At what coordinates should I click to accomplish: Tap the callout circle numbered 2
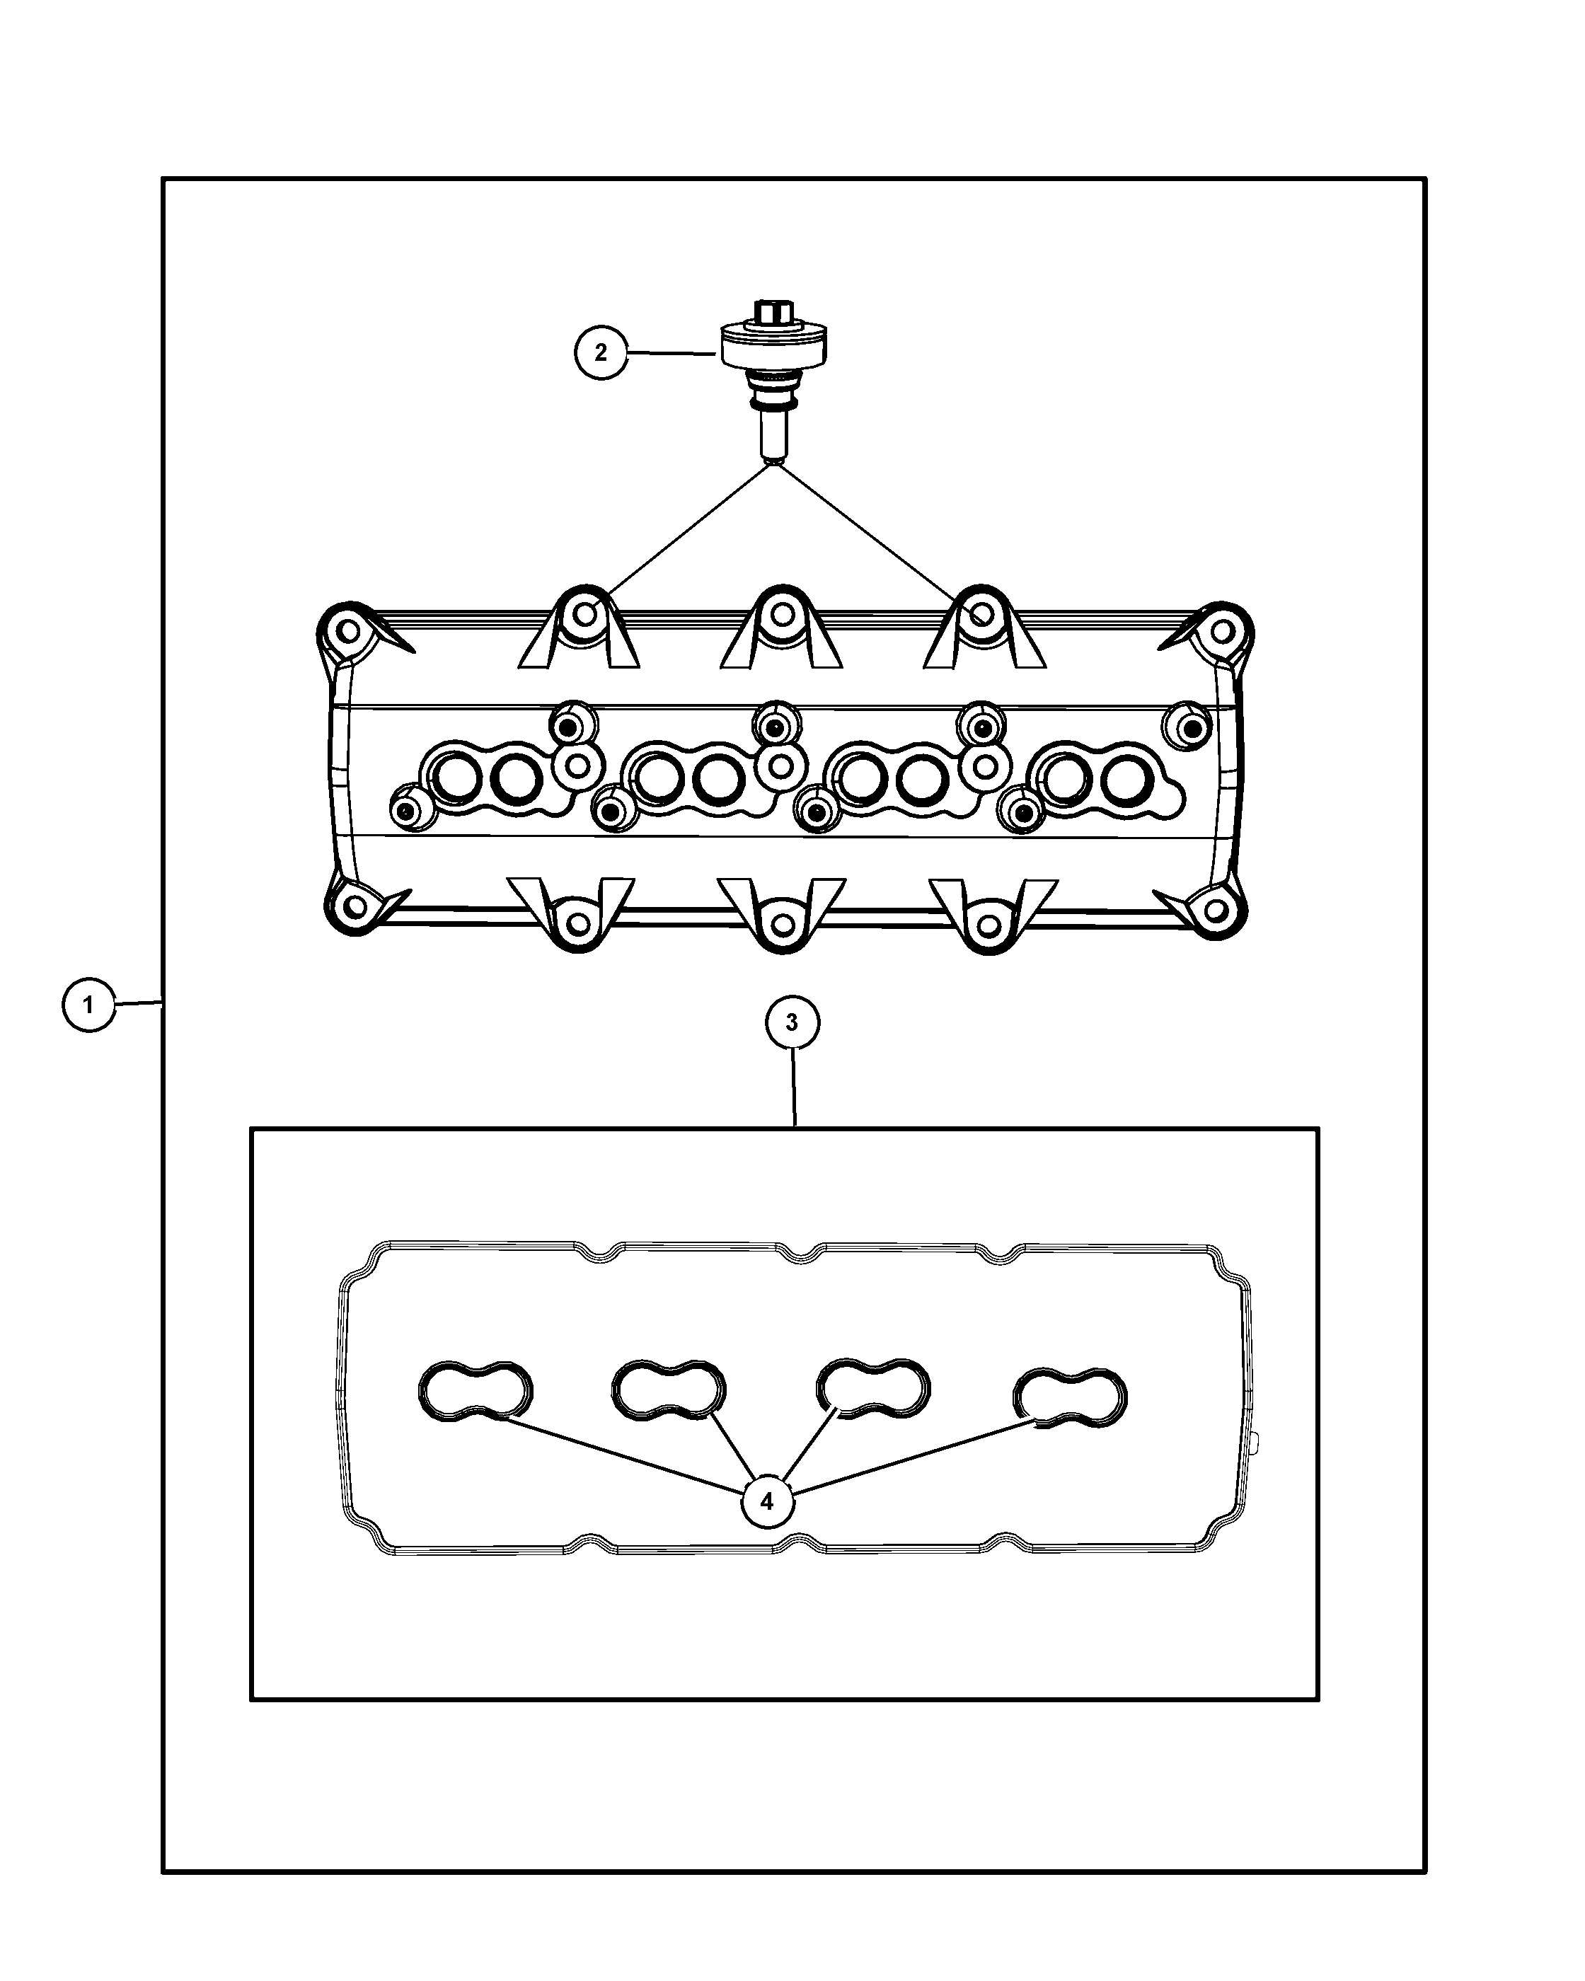[x=601, y=352]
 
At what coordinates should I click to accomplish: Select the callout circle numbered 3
[x=792, y=1022]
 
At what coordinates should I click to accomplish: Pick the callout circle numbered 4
[x=767, y=1501]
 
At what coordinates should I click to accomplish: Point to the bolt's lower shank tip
[x=773, y=453]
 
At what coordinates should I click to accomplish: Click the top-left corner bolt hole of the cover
[x=348, y=631]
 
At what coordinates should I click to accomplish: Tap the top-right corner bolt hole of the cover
[x=1221, y=631]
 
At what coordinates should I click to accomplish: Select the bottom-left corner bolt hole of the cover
[x=354, y=907]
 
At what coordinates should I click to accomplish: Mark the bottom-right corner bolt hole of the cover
[x=1215, y=910]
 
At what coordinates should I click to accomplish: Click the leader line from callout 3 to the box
[x=794, y=1088]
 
